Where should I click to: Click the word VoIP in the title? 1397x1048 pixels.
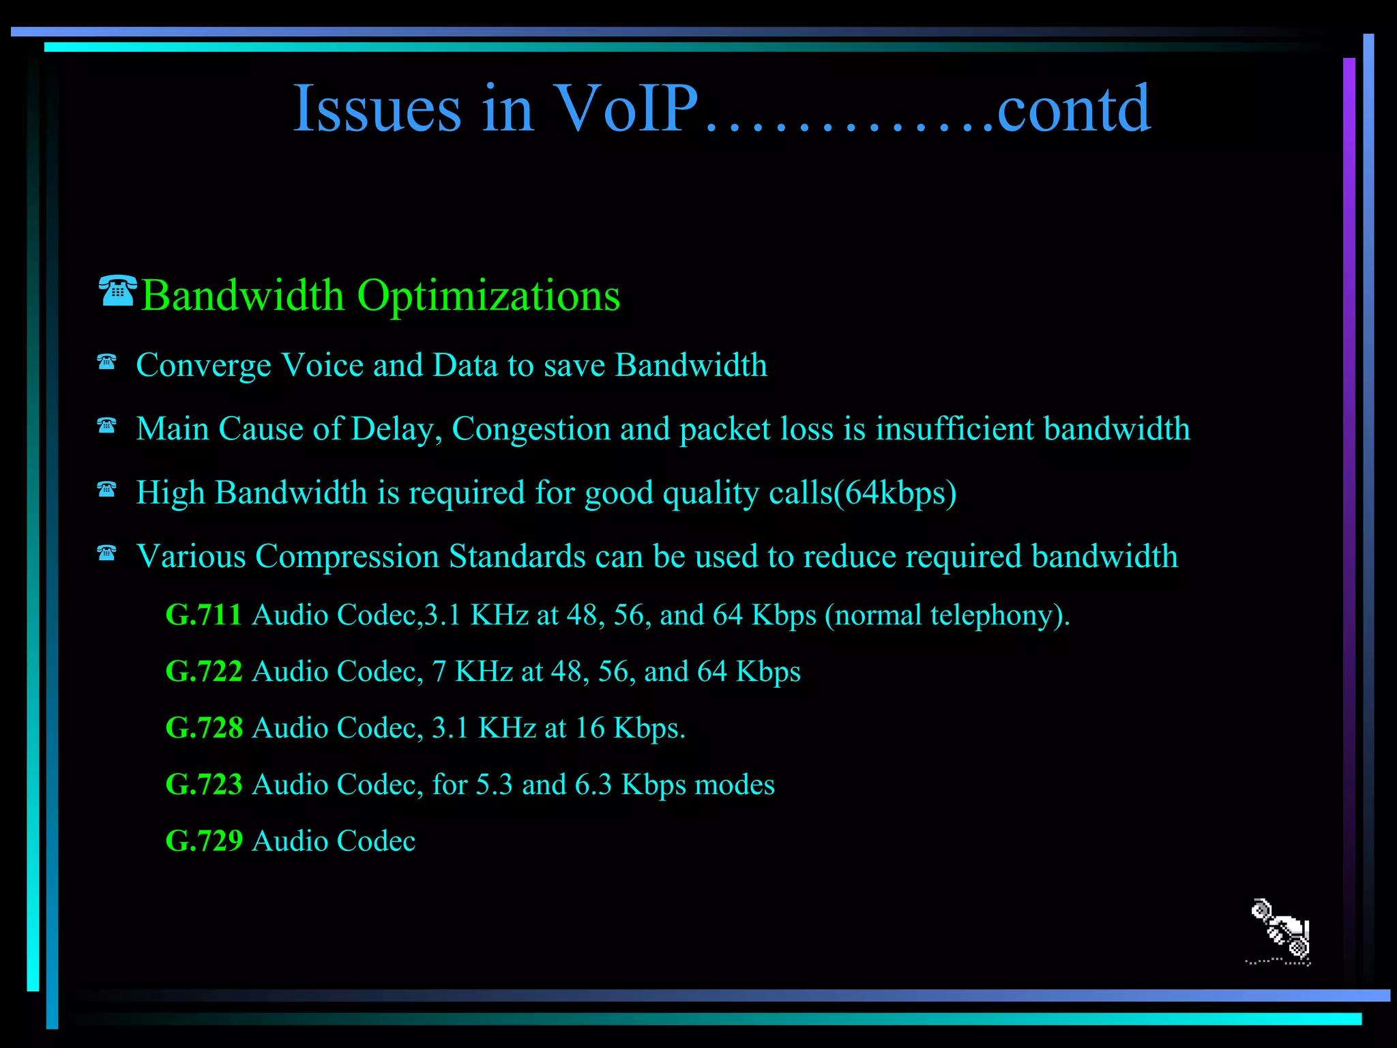coord(626,109)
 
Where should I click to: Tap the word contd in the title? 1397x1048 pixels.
coord(1074,109)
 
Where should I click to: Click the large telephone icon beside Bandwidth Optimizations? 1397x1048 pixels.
coord(118,291)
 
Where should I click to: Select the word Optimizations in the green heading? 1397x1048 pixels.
coord(488,296)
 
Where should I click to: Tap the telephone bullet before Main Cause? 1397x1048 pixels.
coord(106,426)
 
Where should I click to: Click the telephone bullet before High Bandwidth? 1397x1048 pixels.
coord(106,489)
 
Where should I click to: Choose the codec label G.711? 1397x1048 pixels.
coord(204,615)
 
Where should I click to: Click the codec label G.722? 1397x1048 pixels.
coord(204,671)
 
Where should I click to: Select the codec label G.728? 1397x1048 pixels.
coord(204,728)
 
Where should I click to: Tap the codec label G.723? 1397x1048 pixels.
coord(204,785)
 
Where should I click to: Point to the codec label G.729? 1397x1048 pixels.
coord(204,841)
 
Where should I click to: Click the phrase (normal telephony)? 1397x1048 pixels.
coord(947,615)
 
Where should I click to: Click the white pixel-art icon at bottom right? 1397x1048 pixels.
coord(1280,931)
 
